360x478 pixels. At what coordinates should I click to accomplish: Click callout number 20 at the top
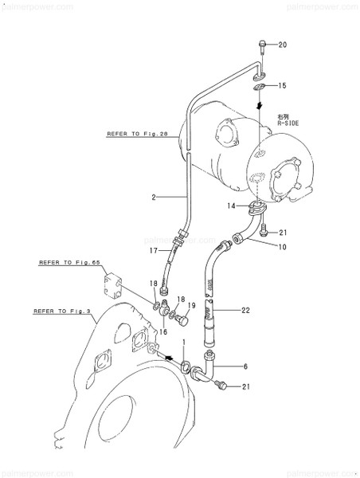click(x=282, y=45)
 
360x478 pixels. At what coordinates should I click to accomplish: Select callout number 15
click(x=282, y=85)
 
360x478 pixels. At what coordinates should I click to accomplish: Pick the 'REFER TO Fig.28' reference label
click(x=137, y=135)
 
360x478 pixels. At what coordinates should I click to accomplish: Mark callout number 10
click(x=282, y=248)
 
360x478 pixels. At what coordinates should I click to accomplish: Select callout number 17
click(x=155, y=251)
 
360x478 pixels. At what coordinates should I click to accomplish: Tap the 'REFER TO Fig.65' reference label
click(x=65, y=261)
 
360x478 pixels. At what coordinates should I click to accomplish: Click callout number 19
click(x=191, y=305)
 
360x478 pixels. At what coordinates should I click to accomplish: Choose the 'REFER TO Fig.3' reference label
click(x=61, y=311)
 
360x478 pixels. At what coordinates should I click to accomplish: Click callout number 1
click(x=184, y=341)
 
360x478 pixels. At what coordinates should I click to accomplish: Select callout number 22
click(x=246, y=310)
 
